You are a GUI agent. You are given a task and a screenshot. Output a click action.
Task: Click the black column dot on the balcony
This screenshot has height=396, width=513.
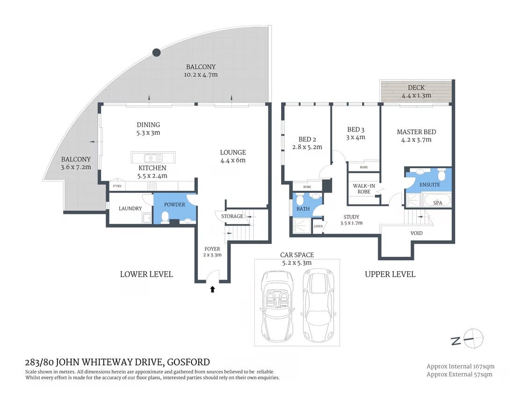(157, 52)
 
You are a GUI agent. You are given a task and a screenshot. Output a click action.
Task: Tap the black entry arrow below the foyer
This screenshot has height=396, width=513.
(212, 289)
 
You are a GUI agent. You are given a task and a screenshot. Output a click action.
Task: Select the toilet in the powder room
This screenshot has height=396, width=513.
(165, 217)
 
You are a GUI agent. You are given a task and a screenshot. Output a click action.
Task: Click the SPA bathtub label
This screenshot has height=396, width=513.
(437, 203)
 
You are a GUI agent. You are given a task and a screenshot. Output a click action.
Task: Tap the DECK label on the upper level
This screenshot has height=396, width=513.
(416, 88)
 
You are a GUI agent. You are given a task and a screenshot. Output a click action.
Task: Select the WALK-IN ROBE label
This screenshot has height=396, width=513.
(364, 189)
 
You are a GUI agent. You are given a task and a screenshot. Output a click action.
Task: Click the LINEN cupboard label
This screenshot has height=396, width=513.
(318, 226)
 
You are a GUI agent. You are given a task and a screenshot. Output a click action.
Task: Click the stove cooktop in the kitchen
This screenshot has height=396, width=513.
(152, 186)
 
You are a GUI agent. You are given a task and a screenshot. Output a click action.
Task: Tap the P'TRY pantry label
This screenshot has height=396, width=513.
(117, 186)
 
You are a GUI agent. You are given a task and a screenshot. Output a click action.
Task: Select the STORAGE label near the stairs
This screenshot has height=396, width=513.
(232, 216)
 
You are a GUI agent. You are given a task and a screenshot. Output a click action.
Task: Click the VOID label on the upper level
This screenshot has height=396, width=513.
(416, 233)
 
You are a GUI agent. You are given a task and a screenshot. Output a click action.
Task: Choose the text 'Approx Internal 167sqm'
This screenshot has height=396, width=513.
(460, 366)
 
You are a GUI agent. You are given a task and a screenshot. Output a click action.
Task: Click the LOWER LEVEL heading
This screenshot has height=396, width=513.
(146, 274)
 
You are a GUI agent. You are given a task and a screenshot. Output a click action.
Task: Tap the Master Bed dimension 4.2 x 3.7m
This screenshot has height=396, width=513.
(416, 139)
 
